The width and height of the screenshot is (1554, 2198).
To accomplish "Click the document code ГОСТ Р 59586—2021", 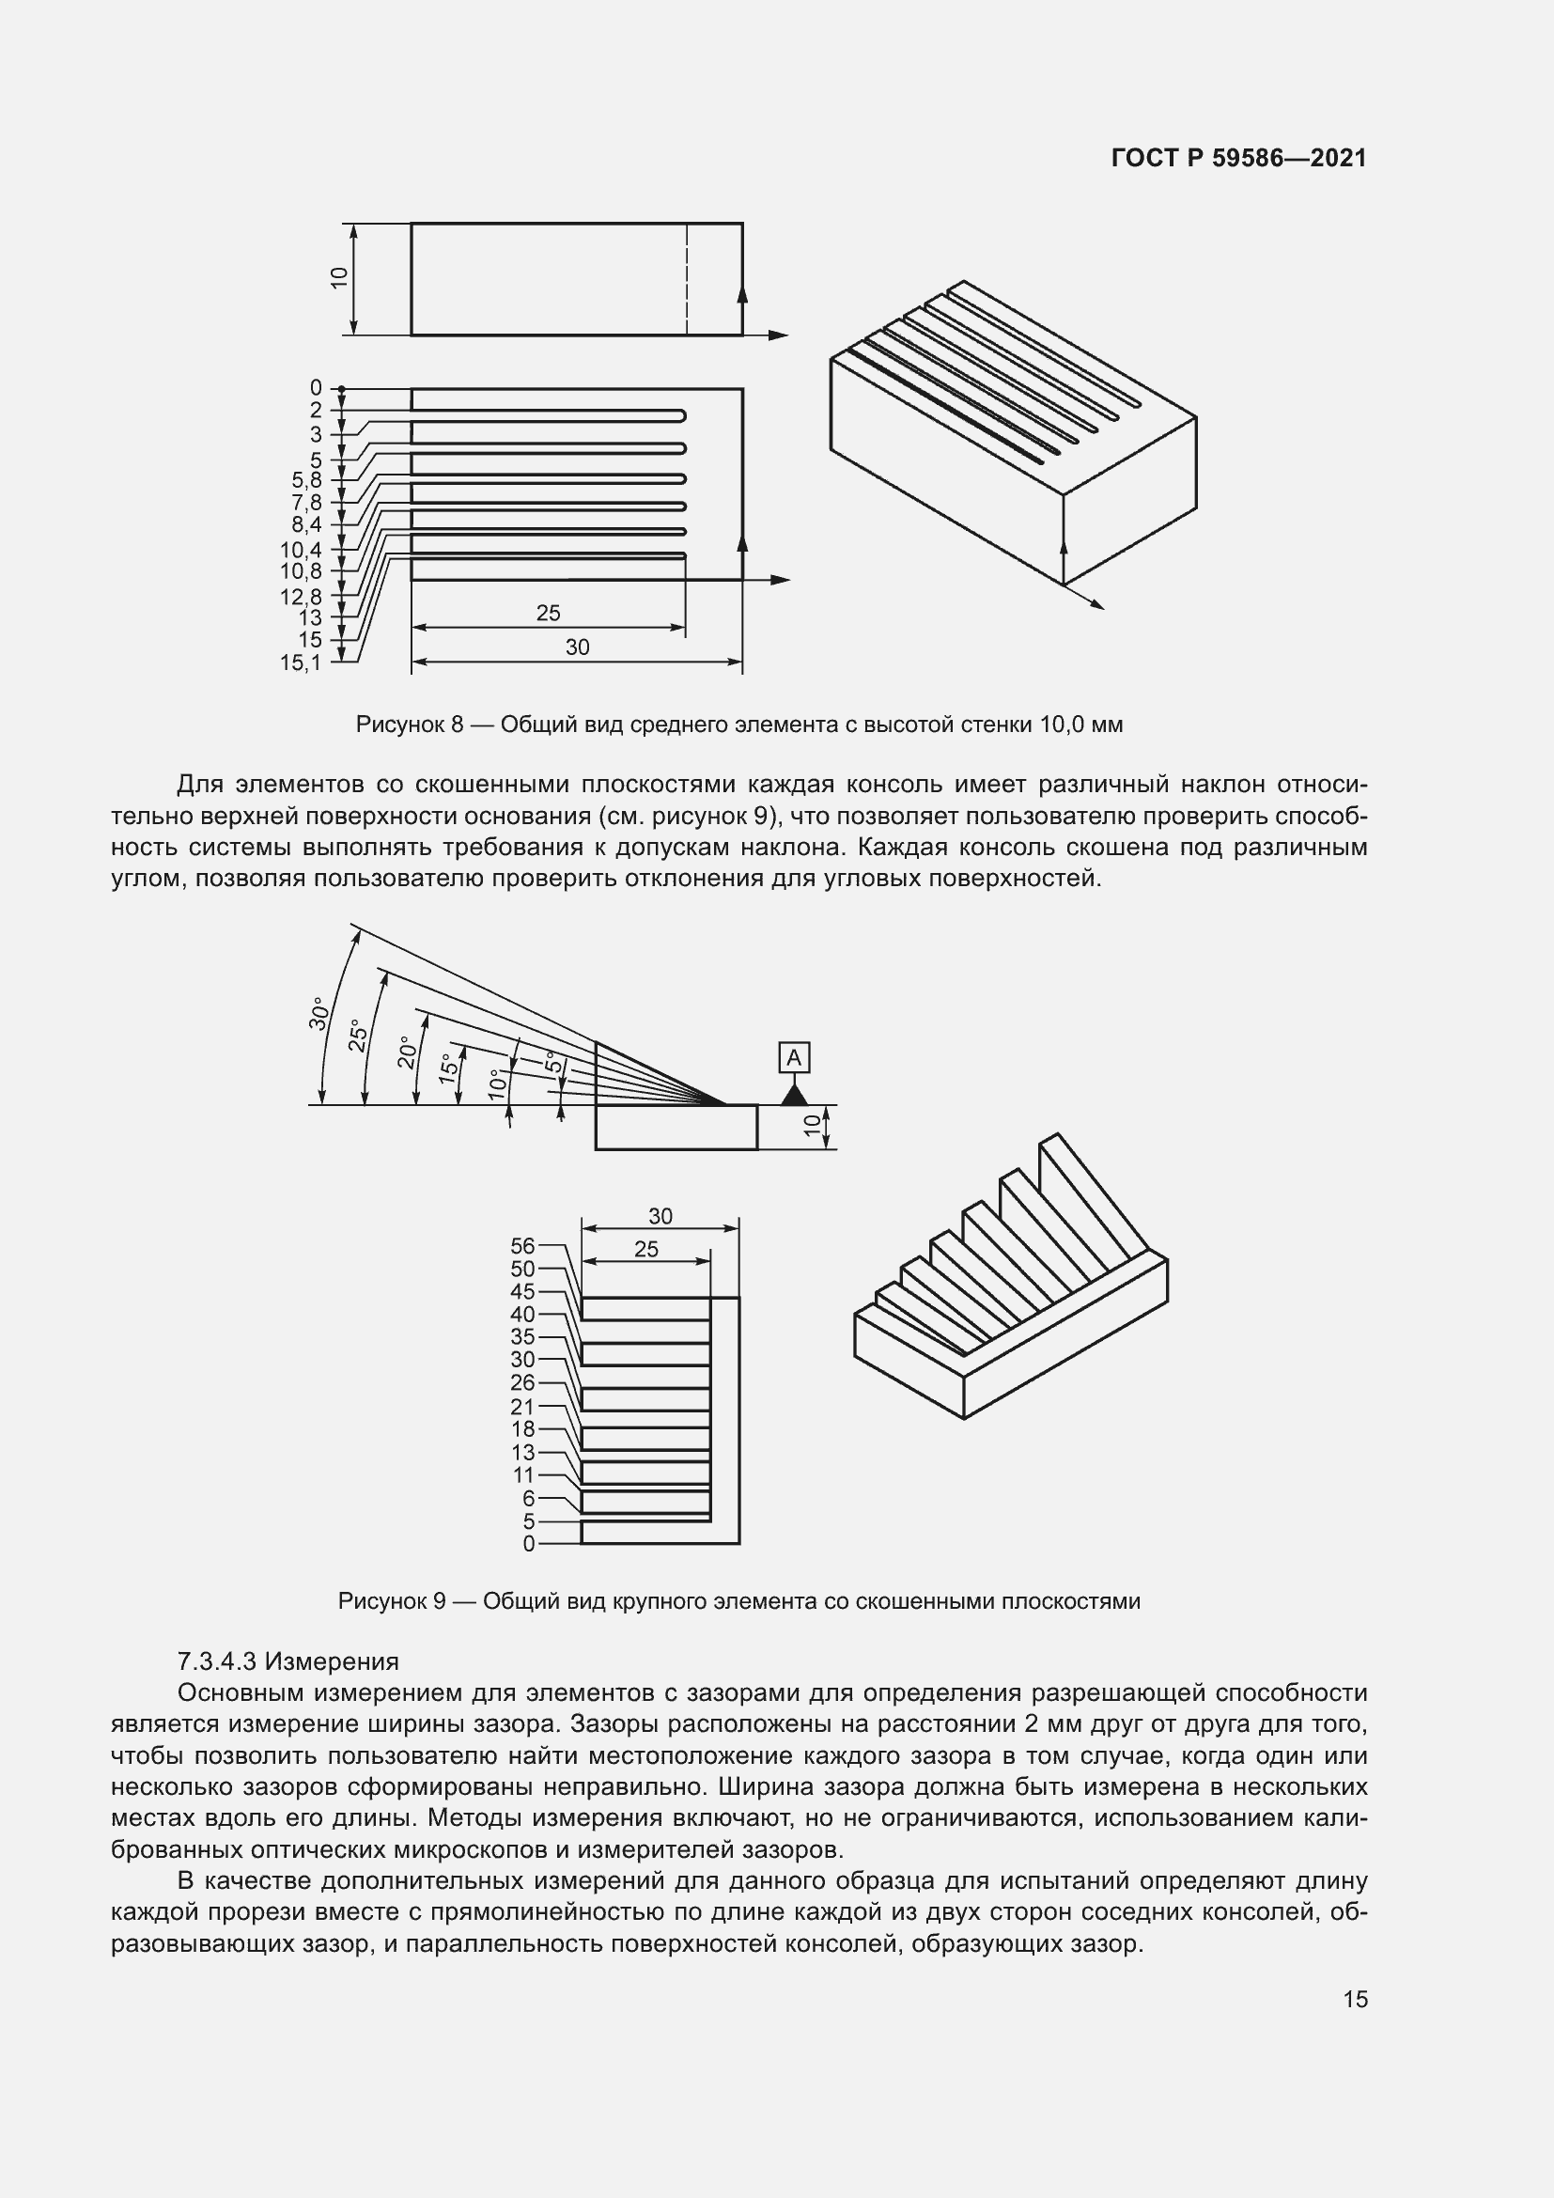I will click(x=1238, y=158).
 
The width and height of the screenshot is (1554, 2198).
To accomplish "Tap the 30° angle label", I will click(x=319, y=1014).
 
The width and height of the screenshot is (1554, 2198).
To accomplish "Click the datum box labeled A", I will click(x=794, y=1058).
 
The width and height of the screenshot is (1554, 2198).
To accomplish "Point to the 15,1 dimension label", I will click(x=301, y=663).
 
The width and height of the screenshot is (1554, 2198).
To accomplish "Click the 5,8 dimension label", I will click(x=307, y=480).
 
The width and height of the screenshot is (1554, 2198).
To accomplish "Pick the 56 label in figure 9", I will click(x=522, y=1245).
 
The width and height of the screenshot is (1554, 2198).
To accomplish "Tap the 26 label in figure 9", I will click(x=522, y=1382).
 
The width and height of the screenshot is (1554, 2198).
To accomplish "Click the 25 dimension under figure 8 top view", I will click(x=549, y=613).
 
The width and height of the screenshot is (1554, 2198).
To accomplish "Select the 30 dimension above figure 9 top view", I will click(x=660, y=1216).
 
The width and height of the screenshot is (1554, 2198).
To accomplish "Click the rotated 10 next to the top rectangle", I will click(x=339, y=278).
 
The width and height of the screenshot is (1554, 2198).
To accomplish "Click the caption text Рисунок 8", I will click(x=409, y=725).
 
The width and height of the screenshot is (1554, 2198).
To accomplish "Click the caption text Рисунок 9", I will click(x=392, y=1601).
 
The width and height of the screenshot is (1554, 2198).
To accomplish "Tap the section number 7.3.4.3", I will click(x=217, y=1660).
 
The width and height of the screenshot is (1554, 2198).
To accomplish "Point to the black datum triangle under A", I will click(x=794, y=1094).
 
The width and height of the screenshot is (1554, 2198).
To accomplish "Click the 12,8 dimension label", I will click(x=301, y=598).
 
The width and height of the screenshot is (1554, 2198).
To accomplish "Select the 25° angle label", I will click(x=358, y=1035).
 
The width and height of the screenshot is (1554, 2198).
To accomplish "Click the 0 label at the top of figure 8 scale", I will click(x=316, y=388).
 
